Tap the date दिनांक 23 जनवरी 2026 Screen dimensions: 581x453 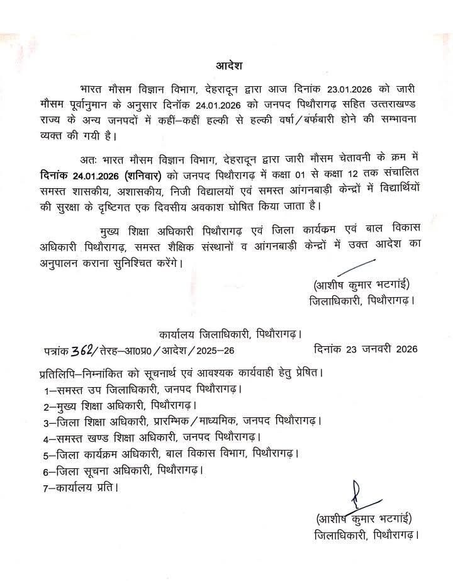coord(366,348)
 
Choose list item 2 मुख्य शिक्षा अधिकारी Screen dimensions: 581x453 coord(120,405)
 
